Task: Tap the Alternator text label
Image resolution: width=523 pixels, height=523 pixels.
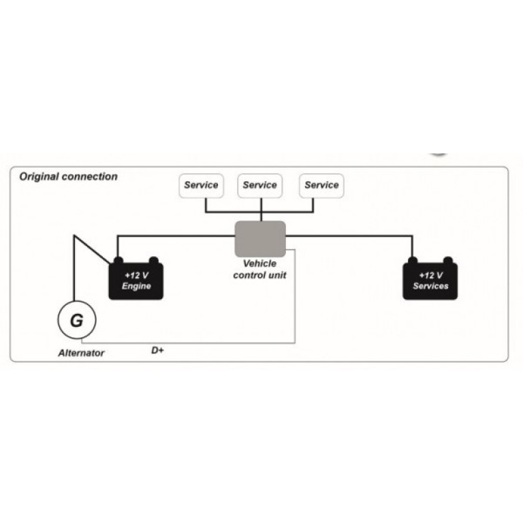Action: point(81,353)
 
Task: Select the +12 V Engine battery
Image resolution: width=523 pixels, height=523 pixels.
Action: point(136,281)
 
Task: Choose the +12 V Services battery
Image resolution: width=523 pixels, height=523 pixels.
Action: point(430,281)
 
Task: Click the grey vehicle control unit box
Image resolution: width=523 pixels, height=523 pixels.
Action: point(260,239)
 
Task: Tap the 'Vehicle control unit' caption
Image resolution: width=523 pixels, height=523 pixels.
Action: point(260,269)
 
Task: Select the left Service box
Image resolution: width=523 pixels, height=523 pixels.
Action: point(202,185)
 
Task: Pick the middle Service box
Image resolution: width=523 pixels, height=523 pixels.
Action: point(260,185)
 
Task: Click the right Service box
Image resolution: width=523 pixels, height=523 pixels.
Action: point(321,185)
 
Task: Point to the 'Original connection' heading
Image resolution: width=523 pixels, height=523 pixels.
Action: point(68,176)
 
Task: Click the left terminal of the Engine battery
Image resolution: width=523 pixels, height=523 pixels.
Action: point(118,260)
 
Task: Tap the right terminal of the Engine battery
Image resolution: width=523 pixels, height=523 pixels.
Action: point(154,260)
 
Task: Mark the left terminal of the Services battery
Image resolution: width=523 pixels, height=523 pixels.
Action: point(412,260)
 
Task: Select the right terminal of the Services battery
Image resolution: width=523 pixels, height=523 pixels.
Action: point(448,260)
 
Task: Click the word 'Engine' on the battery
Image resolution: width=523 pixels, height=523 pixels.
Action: point(136,286)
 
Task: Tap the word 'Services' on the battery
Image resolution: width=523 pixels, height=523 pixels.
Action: point(430,286)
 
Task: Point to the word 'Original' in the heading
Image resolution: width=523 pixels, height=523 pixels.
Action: point(39,176)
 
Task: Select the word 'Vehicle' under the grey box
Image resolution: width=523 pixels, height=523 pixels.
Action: point(259,264)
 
